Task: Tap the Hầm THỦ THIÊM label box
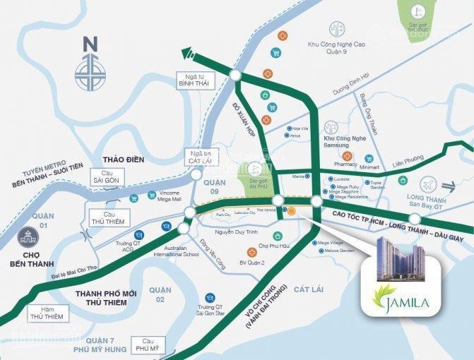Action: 47,313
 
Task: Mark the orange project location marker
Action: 292,210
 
